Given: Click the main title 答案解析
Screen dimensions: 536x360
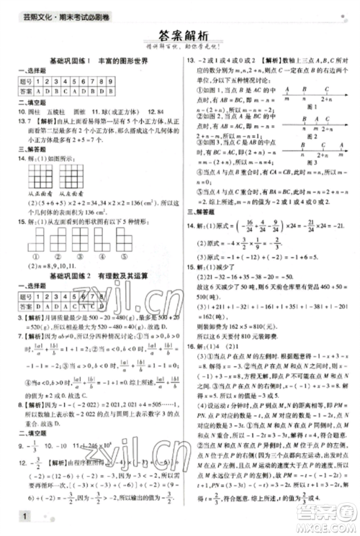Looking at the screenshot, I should point(180,37).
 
